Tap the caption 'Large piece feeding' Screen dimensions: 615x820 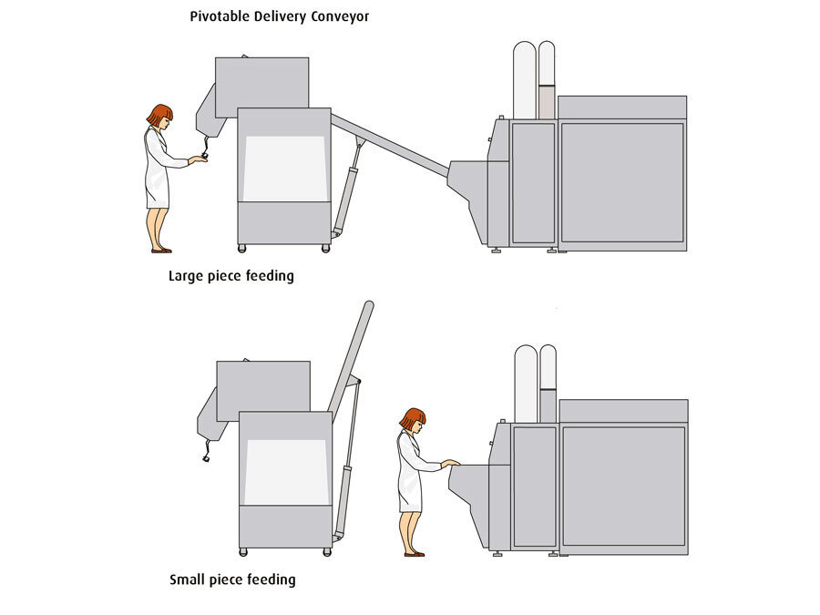pyautogui.click(x=231, y=275)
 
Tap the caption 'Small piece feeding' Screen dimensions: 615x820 pyautogui.click(x=232, y=579)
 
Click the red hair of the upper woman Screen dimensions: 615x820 pyautogui.click(x=159, y=114)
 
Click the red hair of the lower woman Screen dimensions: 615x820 pyautogui.click(x=413, y=418)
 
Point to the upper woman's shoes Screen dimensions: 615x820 pyautogui.click(x=161, y=250)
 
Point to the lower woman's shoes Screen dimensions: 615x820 pyautogui.click(x=414, y=553)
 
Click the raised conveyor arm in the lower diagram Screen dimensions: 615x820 pyautogui.click(x=352, y=346)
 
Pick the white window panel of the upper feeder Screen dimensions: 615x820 pyautogui.click(x=284, y=169)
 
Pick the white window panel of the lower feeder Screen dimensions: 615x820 pyautogui.click(x=285, y=472)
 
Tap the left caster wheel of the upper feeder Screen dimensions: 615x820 pyautogui.click(x=242, y=248)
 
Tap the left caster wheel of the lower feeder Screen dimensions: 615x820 pyautogui.click(x=243, y=551)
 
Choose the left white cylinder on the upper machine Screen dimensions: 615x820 pyautogui.click(x=524, y=80)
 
